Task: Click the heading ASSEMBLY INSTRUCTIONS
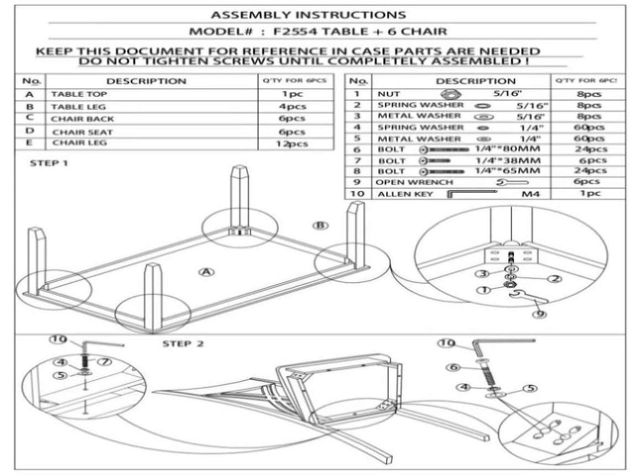tap(307, 14)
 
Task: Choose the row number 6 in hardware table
tap(357, 150)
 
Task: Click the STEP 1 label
tap(48, 164)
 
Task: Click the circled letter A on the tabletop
tap(204, 271)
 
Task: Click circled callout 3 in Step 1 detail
tap(482, 273)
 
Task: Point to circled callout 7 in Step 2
tap(105, 361)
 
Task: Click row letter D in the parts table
tap(29, 131)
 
